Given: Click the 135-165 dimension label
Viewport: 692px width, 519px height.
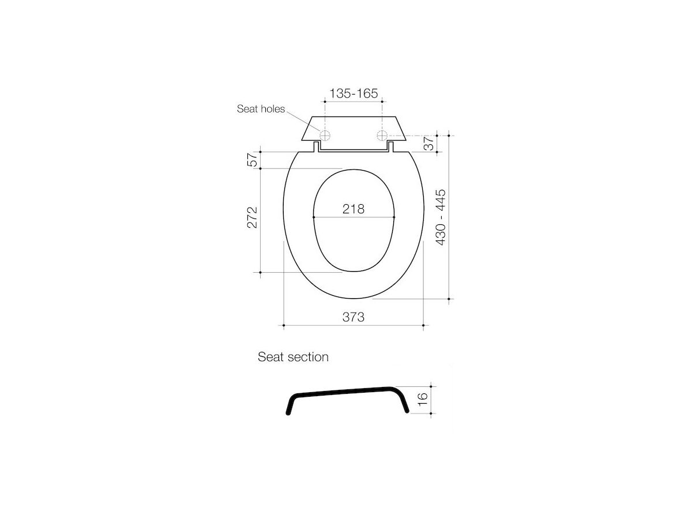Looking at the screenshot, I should tap(353, 93).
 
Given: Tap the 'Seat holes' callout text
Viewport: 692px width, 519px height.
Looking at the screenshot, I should tap(261, 109).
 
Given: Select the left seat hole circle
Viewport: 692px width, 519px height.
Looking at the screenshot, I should tap(325, 136).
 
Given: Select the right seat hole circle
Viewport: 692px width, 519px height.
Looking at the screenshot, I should tap(381, 136).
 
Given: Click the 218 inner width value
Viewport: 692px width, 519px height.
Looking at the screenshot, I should tap(353, 209).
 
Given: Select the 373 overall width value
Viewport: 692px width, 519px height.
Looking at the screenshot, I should tap(353, 317).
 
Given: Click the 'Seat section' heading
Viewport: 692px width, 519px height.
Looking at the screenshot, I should tap(293, 357).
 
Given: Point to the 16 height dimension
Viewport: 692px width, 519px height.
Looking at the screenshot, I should tap(422, 399).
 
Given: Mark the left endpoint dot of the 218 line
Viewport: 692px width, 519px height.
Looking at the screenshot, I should tap(313, 217).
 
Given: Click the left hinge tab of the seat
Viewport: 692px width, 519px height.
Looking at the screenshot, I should tap(317, 147).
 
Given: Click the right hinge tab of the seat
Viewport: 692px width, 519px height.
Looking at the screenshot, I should tap(390, 147).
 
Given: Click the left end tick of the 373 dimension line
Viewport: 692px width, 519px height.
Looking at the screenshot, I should tap(284, 326).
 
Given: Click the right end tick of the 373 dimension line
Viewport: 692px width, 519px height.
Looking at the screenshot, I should tap(424, 326).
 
